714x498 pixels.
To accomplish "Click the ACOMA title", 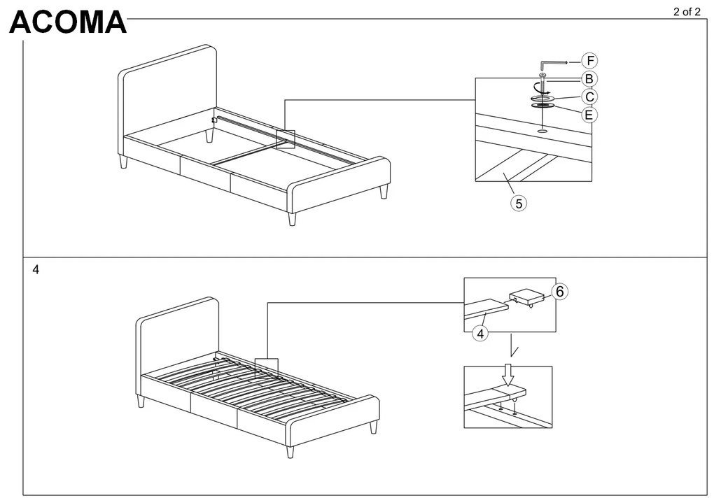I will [x=68, y=23].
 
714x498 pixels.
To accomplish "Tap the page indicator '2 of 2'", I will [x=686, y=11].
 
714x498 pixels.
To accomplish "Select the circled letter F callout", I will [x=591, y=61].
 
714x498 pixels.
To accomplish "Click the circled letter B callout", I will [x=589, y=79].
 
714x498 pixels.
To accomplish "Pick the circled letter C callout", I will [x=589, y=97].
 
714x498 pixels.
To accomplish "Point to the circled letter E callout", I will [x=589, y=113].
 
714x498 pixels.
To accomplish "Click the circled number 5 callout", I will [x=518, y=203].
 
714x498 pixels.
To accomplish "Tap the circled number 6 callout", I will [x=559, y=292].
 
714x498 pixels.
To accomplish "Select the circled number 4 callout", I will [x=479, y=334].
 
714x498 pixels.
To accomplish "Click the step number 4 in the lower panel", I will [x=36, y=269].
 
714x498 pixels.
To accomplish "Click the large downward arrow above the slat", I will [x=507, y=376].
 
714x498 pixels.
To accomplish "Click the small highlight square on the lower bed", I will [x=266, y=369].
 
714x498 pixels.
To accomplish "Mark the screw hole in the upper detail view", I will [x=542, y=130].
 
